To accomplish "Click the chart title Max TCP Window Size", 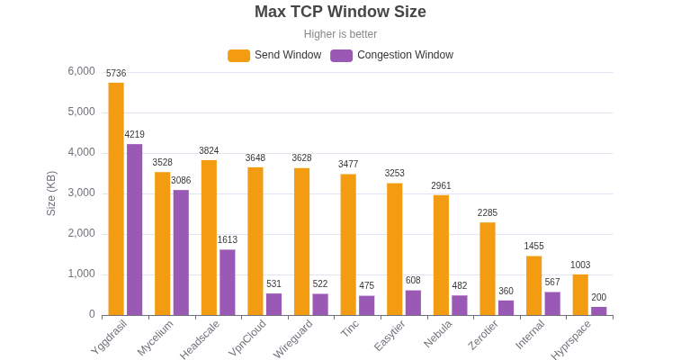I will point(340,12).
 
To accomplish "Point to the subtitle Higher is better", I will point(340,34).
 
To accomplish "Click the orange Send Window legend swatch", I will point(238,55).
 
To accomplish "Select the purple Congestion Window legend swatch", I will point(341,55).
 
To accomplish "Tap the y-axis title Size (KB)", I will point(51,193).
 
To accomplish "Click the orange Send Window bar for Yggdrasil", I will point(116,199).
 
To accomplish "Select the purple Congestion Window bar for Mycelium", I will point(181,252).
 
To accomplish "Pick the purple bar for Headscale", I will point(228,282).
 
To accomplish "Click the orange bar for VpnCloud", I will point(255,241).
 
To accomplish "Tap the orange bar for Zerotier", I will point(488,268).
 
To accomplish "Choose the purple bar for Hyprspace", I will point(598,310).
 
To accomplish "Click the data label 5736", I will point(116,74).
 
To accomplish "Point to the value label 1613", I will point(228,240).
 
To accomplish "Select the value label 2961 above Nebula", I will point(441,186).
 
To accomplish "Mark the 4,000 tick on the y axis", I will point(82,152).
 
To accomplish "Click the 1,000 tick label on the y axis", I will point(82,274).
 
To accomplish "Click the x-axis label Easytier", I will point(390,336).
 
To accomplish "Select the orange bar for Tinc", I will point(348,244).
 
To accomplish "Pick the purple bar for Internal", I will point(552,303).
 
